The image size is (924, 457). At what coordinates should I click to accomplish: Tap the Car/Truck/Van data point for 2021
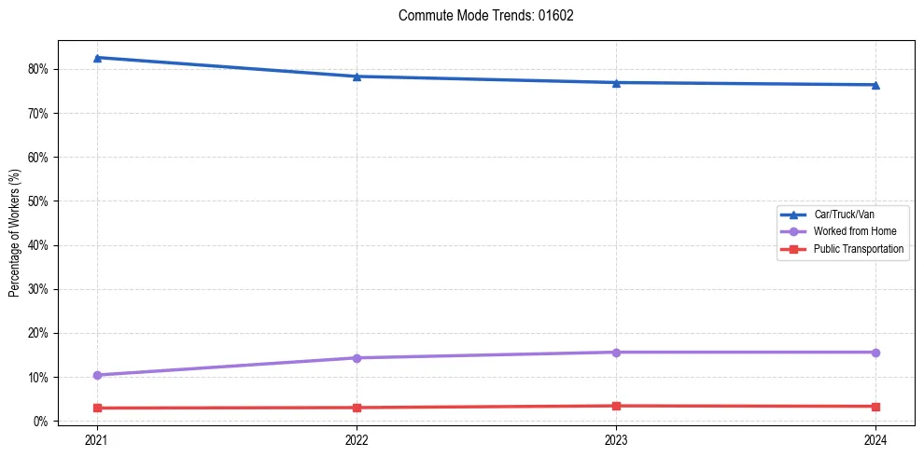click(97, 58)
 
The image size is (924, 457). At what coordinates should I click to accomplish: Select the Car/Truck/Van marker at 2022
click(357, 76)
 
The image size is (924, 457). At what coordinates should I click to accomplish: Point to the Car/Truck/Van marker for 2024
click(875, 85)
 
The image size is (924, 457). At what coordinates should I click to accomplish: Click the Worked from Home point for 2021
click(97, 375)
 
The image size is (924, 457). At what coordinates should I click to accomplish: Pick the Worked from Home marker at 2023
click(616, 353)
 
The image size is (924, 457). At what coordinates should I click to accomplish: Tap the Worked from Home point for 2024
click(875, 353)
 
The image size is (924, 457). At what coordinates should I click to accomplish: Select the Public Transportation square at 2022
click(357, 408)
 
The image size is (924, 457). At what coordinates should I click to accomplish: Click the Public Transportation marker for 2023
click(616, 406)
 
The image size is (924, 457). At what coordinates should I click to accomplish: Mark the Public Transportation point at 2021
click(97, 408)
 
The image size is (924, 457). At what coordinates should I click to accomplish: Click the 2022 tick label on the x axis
click(357, 438)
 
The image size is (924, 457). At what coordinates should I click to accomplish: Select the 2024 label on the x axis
click(875, 438)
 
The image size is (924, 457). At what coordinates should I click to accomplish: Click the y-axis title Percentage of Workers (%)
click(15, 231)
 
